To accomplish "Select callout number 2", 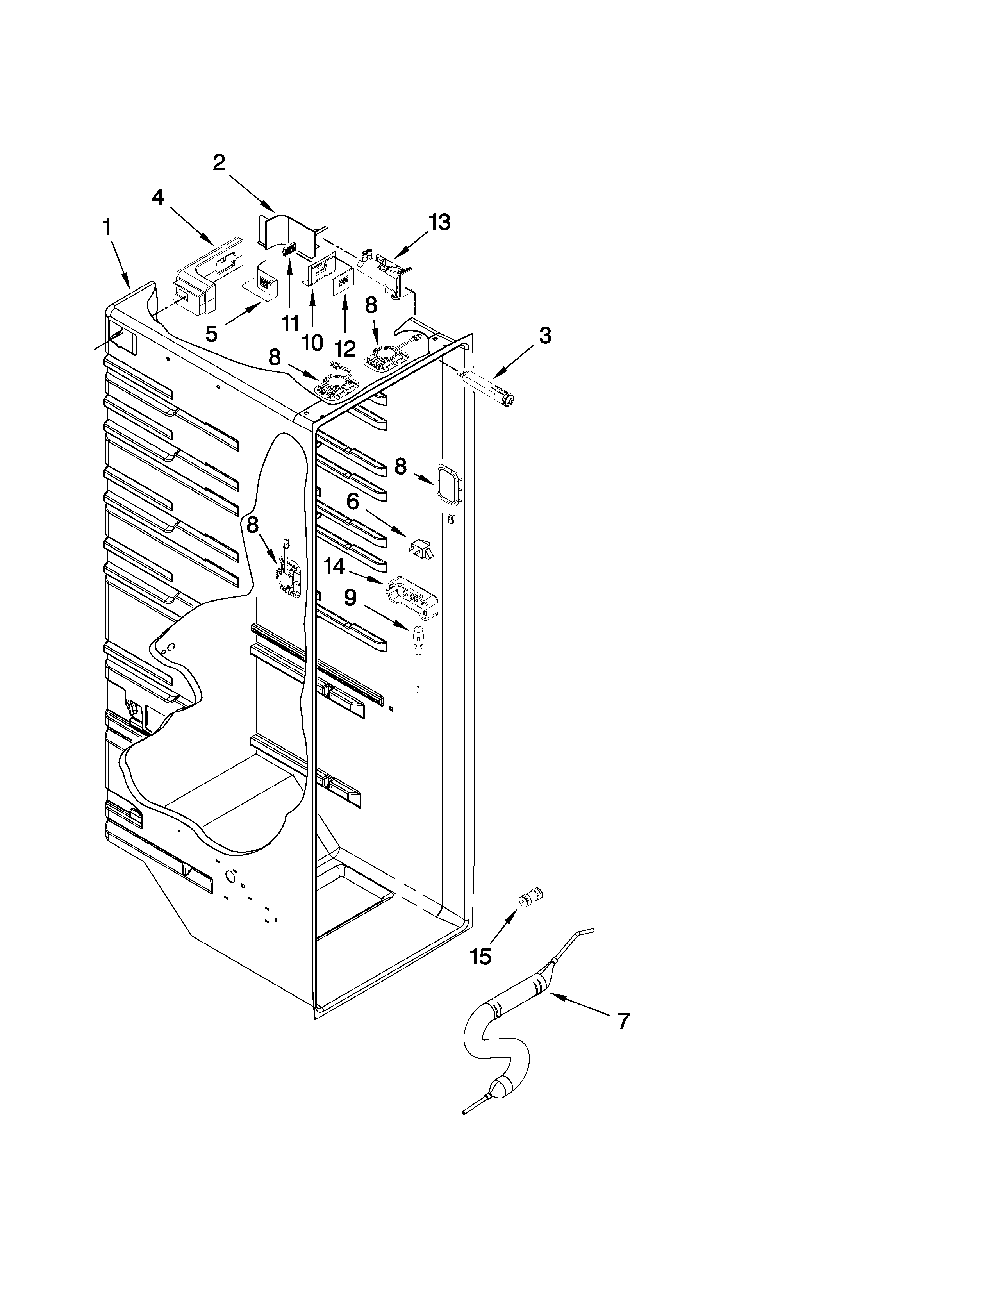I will tap(219, 162).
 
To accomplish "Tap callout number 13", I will tap(439, 223).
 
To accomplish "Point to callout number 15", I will tap(482, 957).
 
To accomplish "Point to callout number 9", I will tap(350, 598).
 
